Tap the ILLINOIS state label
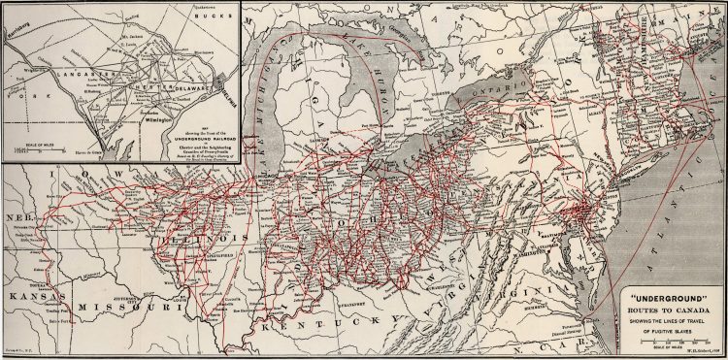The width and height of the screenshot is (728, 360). click(196, 238)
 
